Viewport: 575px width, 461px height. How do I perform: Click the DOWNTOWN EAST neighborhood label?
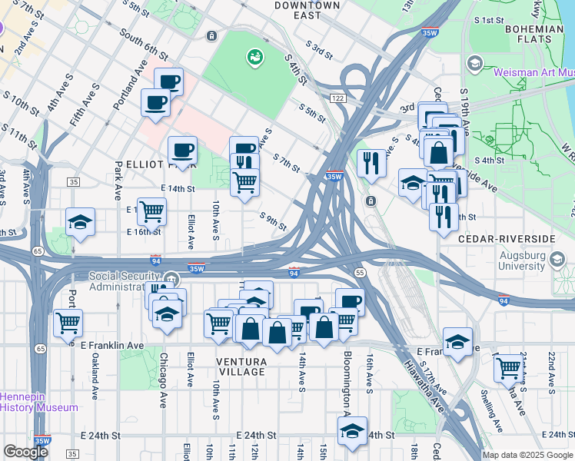point(307,11)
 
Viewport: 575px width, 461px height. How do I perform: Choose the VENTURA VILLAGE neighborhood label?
point(231,366)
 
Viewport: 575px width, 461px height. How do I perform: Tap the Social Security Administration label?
point(126,282)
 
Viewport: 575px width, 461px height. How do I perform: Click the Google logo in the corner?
point(25,452)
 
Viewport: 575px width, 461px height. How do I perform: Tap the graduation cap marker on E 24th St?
point(352,430)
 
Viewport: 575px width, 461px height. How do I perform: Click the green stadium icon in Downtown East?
point(254,56)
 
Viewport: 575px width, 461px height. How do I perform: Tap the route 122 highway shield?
point(337,98)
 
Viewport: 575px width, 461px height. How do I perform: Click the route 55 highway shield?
point(359,273)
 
